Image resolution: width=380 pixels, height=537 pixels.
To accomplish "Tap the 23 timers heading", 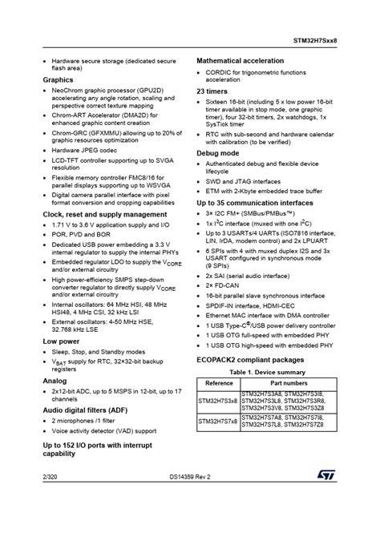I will [x=215, y=91].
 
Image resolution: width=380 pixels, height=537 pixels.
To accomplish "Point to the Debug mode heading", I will [x=218, y=152].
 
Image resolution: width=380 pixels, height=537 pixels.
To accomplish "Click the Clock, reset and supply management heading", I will [x=104, y=215].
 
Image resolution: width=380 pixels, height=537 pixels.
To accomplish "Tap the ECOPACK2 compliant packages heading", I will [x=249, y=360].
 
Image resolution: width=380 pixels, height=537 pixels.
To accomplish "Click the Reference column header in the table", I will [x=219, y=383].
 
